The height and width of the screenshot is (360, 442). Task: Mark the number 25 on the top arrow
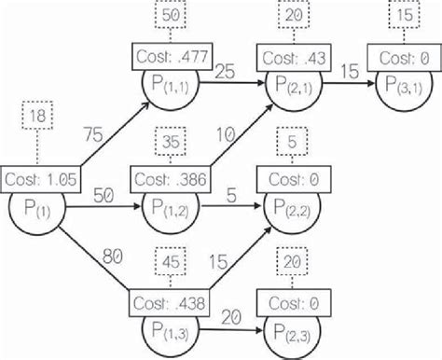click(224, 71)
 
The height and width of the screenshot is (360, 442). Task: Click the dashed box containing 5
click(293, 143)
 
